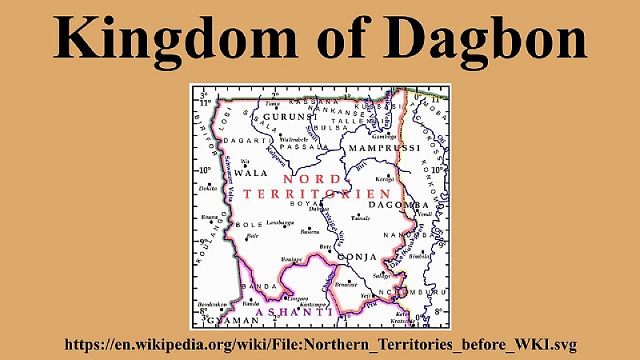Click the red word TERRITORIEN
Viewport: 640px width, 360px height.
pos(317,194)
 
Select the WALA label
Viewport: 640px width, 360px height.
pos(250,173)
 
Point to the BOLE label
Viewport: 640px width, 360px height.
pos(248,225)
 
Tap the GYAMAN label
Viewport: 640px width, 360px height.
pos(232,321)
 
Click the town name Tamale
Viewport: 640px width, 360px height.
pos(361,218)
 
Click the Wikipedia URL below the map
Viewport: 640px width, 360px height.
pos(320,345)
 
